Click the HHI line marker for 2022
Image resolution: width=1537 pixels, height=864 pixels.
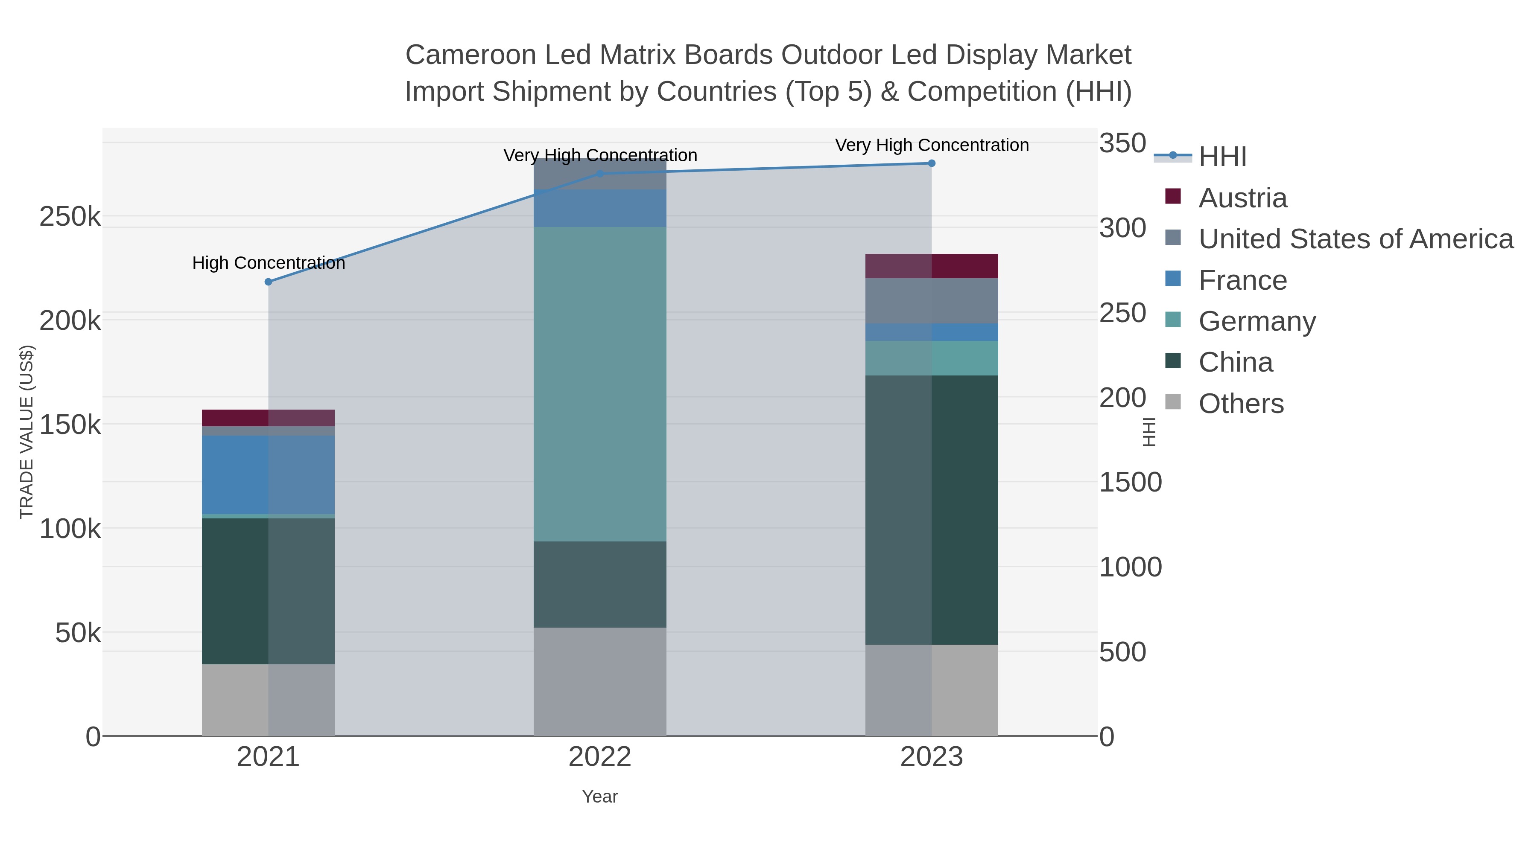coord(600,174)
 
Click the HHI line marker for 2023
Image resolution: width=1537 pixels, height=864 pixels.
coord(932,163)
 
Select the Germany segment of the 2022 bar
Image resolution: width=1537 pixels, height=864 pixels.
coord(600,384)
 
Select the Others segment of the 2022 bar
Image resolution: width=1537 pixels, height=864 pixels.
coord(600,681)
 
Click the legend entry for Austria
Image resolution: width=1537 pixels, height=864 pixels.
coord(1242,198)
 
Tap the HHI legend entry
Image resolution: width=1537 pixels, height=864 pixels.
coord(1222,157)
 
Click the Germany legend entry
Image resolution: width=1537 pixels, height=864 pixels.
coord(1256,321)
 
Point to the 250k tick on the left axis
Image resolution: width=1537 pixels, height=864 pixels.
coord(70,217)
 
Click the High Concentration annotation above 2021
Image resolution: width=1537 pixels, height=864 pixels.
coord(269,263)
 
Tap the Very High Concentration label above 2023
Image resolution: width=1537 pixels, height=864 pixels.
coord(932,145)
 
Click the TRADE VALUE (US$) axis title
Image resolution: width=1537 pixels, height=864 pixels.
coord(27,432)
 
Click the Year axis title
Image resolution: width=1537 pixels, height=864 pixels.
coord(600,797)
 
